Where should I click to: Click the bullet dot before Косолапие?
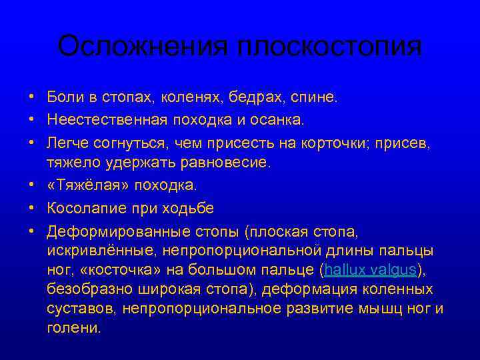32,207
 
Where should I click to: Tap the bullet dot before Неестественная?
32,120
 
